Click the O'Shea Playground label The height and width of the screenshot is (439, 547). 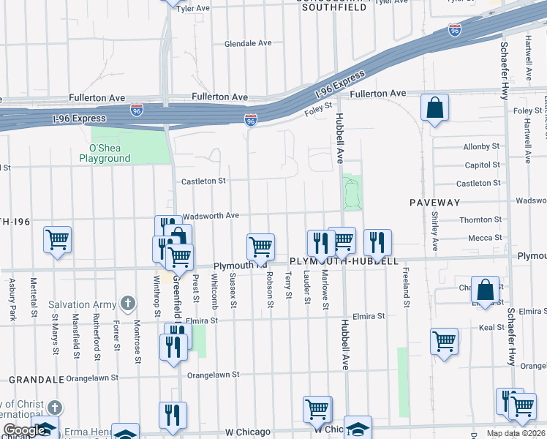coord(105,153)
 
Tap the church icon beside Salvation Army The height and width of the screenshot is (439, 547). coord(128,303)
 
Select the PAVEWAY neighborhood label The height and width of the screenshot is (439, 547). coord(434,202)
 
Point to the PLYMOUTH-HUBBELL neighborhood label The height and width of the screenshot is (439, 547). coord(344,261)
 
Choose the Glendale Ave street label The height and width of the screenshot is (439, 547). coord(248,43)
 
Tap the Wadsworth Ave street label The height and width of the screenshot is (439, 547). coord(211,216)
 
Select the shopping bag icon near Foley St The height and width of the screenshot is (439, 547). coord(434,108)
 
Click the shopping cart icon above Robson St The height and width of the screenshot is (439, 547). coord(260,247)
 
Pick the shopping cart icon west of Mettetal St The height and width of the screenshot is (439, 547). coord(57,239)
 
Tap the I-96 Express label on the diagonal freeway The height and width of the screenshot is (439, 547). coord(339,85)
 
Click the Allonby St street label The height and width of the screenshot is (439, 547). coord(481,147)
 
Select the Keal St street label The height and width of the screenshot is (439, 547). coord(487,329)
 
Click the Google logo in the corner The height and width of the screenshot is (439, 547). coord(25,430)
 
